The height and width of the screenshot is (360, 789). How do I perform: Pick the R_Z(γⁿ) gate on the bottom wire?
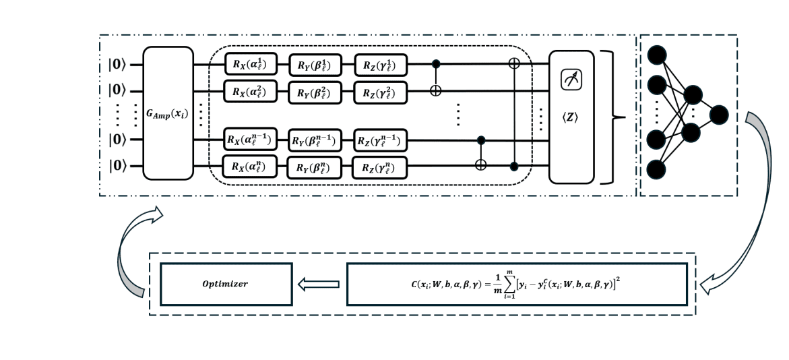point(381,167)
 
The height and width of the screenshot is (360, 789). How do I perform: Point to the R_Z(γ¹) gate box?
point(381,65)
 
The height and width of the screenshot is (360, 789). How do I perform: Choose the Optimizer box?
point(226,283)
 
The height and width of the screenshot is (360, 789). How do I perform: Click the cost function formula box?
point(517,283)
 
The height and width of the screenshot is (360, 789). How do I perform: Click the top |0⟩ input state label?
point(117,65)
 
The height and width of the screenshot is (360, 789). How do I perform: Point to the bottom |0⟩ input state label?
point(117,164)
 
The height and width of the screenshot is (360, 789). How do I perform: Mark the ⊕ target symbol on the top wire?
point(516,65)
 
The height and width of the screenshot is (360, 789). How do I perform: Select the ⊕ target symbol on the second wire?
point(436,91)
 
